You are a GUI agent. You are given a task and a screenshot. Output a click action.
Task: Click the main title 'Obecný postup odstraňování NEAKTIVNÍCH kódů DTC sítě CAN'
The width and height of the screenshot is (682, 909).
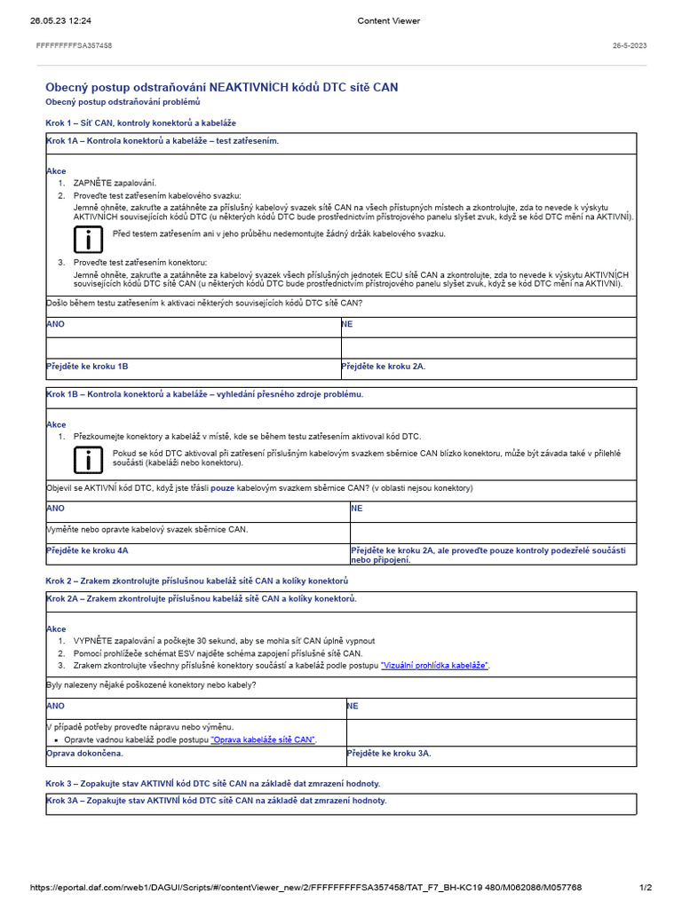tap(222, 87)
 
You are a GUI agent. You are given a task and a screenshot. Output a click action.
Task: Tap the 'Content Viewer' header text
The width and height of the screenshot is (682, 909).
tap(388, 20)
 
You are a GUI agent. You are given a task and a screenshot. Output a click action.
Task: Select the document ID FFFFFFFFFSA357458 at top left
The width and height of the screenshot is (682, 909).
tap(74, 45)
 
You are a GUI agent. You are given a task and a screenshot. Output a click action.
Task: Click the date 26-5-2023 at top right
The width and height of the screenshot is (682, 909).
tap(629, 45)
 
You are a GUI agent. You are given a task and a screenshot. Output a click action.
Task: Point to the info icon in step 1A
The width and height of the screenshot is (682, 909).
tap(87, 238)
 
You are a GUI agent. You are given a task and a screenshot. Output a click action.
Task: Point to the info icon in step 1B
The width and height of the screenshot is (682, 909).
tap(87, 459)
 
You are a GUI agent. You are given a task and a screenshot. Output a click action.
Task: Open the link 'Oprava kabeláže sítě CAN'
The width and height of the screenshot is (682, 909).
tap(263, 739)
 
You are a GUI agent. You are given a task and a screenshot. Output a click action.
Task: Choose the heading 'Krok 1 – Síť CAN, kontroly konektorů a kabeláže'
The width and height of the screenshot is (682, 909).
tap(140, 122)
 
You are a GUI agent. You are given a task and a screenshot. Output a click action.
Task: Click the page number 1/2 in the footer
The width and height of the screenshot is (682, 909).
tap(646, 887)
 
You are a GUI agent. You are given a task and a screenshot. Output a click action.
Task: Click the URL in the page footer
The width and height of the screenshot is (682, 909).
tap(305, 887)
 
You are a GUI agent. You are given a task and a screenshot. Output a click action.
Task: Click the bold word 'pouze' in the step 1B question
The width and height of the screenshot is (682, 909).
tap(223, 488)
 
